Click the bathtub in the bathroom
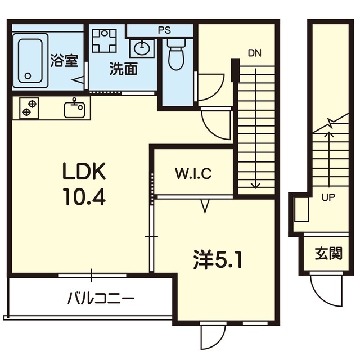[31, 58]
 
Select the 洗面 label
[124, 70]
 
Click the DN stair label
[254, 53]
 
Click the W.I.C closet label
[192, 173]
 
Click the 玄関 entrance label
[328, 253]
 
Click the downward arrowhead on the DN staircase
[255, 186]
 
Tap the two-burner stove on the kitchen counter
[30, 107]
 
